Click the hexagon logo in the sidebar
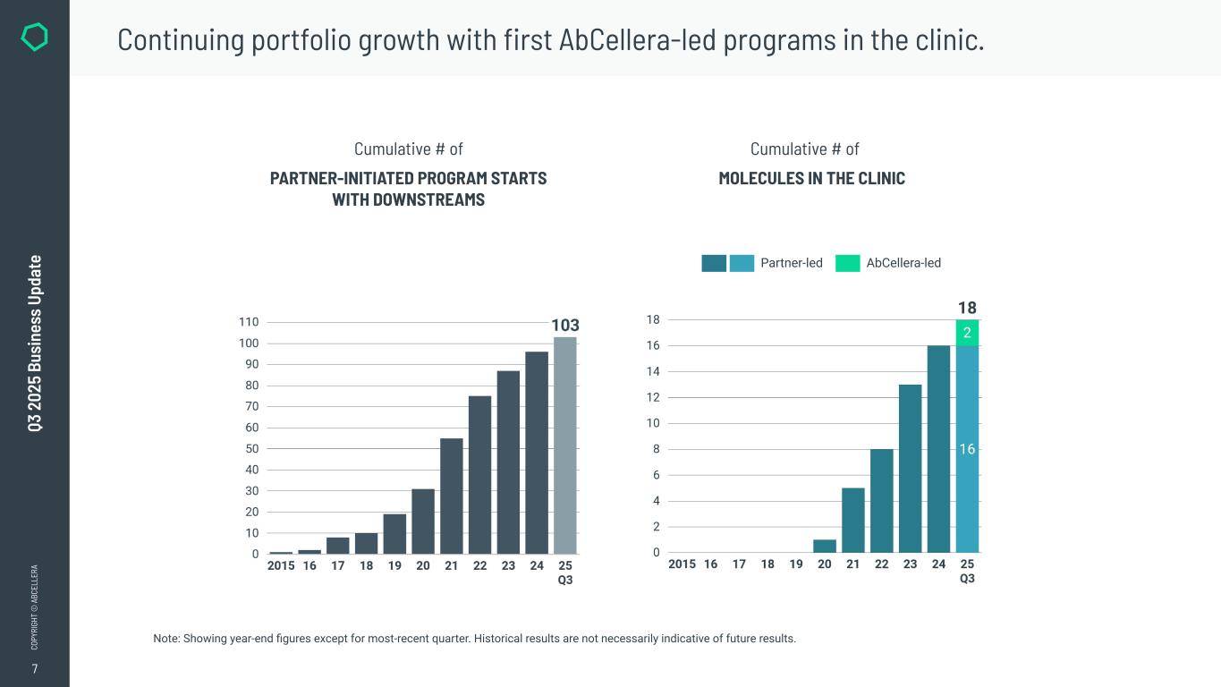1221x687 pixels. point(34,38)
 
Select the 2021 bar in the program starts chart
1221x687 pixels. point(452,496)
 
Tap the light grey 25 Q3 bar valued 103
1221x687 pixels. point(565,445)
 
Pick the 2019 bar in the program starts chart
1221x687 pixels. point(394,533)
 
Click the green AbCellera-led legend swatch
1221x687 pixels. point(847,263)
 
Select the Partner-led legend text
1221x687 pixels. point(791,263)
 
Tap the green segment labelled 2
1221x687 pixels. point(967,333)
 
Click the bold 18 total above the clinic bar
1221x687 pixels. point(967,308)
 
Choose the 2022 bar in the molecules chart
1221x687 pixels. point(882,500)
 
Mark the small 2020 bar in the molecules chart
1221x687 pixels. point(825,546)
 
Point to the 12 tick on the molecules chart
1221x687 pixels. point(653,397)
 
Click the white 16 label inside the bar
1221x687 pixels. point(967,449)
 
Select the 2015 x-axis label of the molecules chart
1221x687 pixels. point(682,564)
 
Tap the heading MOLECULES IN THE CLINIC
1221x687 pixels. point(811,179)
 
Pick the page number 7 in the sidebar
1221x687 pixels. point(35,669)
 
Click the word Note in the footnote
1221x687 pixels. point(166,639)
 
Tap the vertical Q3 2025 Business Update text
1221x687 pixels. point(35,343)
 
